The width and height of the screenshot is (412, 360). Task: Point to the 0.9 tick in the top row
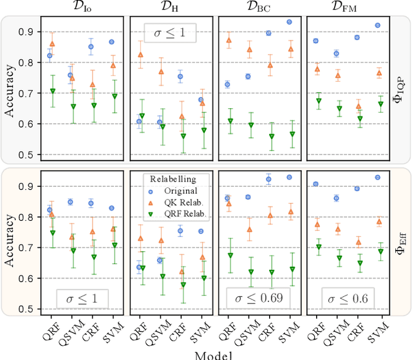28,32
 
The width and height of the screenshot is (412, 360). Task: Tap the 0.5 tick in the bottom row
28,309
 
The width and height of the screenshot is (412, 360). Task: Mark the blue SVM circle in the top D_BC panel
289,22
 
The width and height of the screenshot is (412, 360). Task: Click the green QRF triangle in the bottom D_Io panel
51,232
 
